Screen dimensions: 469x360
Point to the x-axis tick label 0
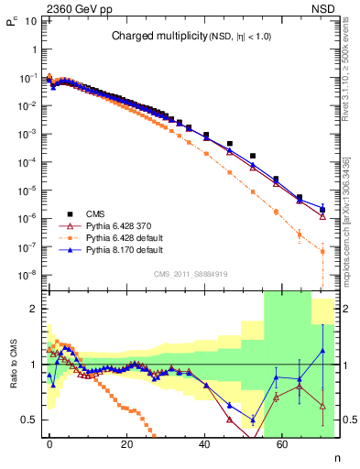point(49,443)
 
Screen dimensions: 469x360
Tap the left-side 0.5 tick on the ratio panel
point(30,420)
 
